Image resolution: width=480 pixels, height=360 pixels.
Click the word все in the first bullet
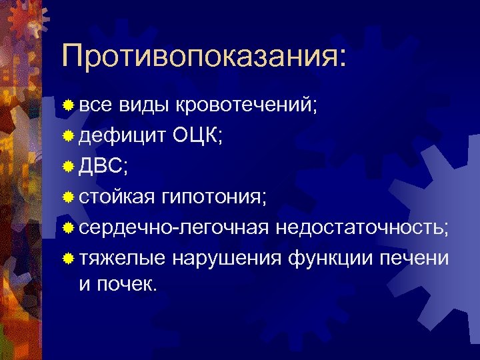click(x=96, y=105)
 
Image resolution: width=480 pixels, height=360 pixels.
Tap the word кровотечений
click(x=243, y=105)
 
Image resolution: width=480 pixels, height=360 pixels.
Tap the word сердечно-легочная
click(x=174, y=228)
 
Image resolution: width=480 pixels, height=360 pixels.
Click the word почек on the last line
click(x=130, y=285)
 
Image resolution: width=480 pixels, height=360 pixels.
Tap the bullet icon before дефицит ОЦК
click(x=69, y=137)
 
